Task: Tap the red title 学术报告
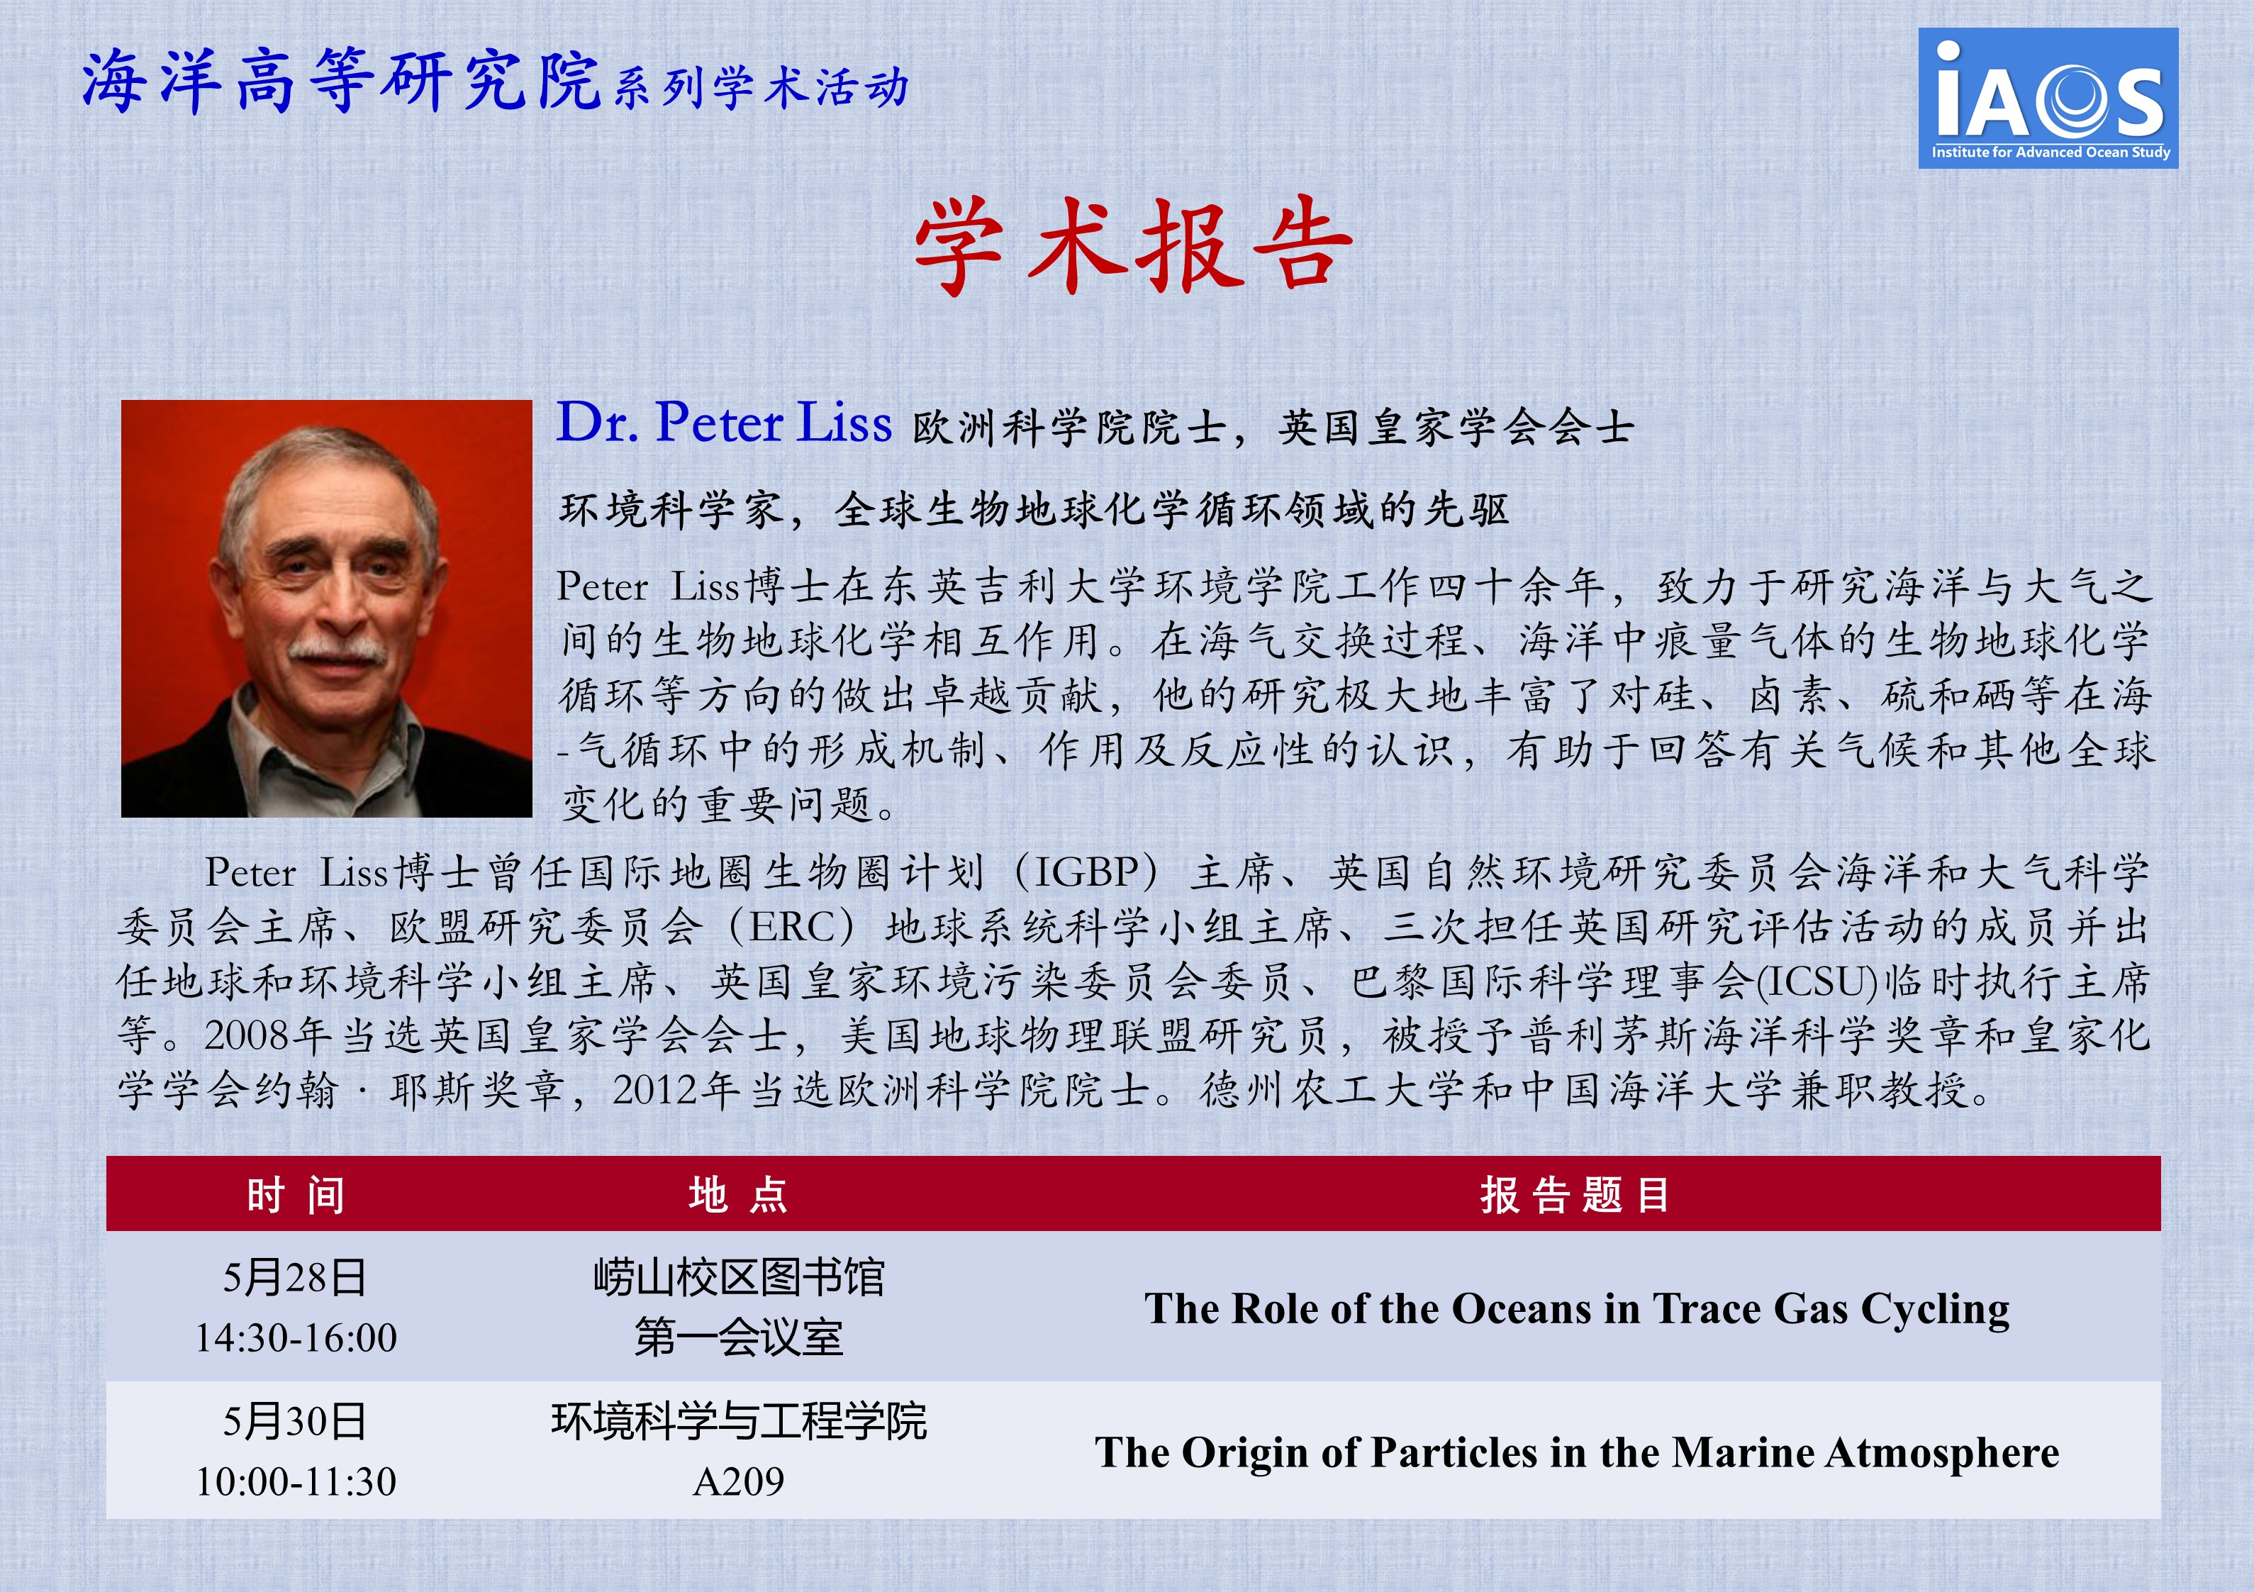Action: click(1134, 245)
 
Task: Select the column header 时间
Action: click(296, 1194)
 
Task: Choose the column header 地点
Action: click(738, 1194)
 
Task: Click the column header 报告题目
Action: click(1575, 1194)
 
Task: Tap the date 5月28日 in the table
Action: click(296, 1278)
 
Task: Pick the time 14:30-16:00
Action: click(296, 1337)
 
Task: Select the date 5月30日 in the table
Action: click(296, 1421)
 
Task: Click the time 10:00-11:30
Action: click(296, 1481)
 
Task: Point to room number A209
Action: click(738, 1481)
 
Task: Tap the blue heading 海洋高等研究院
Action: click(340, 81)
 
